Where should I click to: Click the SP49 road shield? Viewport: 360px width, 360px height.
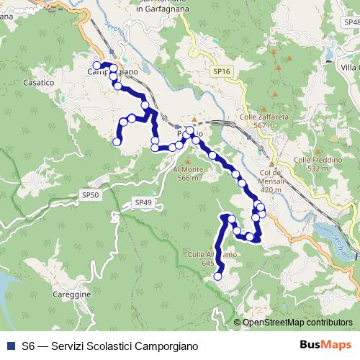[x=143, y=204]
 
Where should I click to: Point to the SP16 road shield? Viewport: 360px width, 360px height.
[x=222, y=72]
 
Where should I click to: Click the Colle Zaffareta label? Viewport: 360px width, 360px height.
[x=258, y=117]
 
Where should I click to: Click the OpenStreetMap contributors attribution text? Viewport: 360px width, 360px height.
[x=297, y=323]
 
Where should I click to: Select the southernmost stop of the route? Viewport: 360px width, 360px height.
[x=217, y=276]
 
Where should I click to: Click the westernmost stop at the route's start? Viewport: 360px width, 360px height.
[x=96, y=66]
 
